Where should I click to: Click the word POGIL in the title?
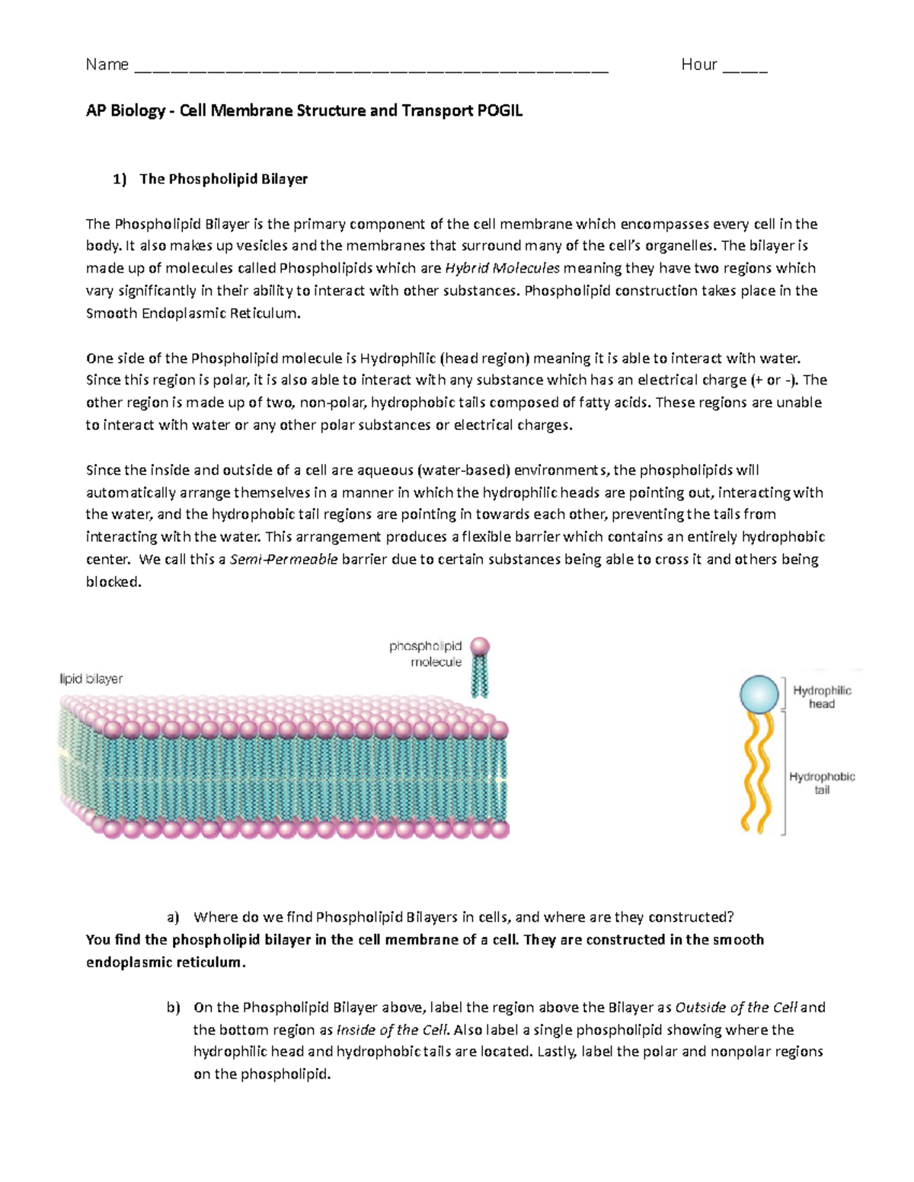click(x=500, y=111)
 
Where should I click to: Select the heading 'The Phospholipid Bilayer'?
click(x=223, y=180)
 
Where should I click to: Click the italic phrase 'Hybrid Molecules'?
click(x=502, y=269)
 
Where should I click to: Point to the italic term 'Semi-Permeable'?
click(x=283, y=560)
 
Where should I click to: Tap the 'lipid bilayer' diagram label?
click(x=91, y=679)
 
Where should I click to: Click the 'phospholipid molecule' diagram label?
click(x=426, y=655)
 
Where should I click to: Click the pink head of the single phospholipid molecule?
click(x=480, y=647)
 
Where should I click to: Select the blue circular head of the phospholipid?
click(x=759, y=694)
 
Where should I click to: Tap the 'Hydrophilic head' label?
click(x=822, y=697)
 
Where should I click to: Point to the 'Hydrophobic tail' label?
click(x=822, y=783)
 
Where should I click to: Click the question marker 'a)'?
click(x=173, y=918)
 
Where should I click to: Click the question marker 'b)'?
click(x=173, y=1008)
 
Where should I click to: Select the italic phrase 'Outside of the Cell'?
click(x=736, y=1008)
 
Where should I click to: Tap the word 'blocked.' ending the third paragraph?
click(x=113, y=583)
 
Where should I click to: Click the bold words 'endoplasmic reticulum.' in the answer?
click(x=166, y=963)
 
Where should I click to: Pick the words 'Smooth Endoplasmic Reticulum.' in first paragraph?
click(x=193, y=314)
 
